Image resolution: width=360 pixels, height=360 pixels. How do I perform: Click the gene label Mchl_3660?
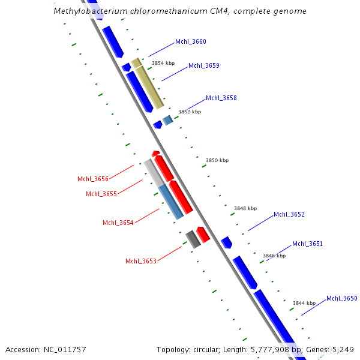(x=190, y=42)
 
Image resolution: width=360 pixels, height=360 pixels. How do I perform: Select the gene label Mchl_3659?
(x=203, y=66)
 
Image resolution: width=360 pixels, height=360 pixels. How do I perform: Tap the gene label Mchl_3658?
(x=221, y=98)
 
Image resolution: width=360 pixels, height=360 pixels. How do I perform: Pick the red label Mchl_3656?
(x=92, y=179)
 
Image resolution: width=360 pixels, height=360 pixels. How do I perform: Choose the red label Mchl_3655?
(x=101, y=194)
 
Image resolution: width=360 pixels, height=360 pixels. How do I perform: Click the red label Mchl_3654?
(x=118, y=223)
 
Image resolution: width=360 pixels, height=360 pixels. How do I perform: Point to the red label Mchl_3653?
(x=140, y=262)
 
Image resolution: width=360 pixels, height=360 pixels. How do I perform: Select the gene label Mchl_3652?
(x=289, y=215)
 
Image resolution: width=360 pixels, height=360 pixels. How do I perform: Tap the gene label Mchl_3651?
(x=307, y=244)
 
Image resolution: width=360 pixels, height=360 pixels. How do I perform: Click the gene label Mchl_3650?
(x=341, y=299)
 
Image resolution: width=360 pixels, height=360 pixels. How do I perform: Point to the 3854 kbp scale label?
(x=163, y=63)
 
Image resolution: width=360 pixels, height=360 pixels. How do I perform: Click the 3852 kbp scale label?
(x=190, y=112)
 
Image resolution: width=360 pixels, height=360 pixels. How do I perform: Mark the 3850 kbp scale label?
(x=217, y=161)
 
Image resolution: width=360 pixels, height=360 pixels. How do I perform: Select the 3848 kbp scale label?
(x=245, y=209)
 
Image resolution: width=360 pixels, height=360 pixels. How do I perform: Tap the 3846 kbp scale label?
(x=274, y=256)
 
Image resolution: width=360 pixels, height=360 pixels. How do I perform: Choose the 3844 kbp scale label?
(x=304, y=304)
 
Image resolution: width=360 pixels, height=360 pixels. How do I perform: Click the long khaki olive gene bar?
(x=149, y=88)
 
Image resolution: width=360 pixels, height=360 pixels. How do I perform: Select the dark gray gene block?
(x=193, y=239)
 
